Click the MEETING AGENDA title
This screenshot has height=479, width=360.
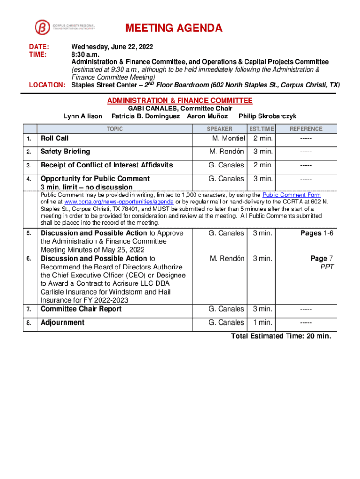coord(174,29)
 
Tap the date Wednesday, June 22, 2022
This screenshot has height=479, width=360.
coord(112,47)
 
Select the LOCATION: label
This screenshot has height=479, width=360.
coord(47,85)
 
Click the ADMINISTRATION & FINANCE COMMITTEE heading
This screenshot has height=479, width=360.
coord(180,101)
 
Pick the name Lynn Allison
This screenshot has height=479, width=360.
coord(83,116)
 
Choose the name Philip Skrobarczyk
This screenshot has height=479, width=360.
coord(267,116)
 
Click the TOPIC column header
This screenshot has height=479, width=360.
coord(115,129)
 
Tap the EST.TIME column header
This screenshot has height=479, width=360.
coord(261,129)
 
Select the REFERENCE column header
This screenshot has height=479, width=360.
coord(306,129)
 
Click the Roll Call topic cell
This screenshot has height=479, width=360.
coord(55,138)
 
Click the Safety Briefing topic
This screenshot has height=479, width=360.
coord(65,152)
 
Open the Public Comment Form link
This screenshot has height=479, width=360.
coord(291,195)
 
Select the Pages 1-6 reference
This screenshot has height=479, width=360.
coord(317,233)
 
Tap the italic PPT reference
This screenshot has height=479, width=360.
coord(327,267)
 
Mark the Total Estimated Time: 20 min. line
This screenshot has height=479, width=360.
coord(281,336)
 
